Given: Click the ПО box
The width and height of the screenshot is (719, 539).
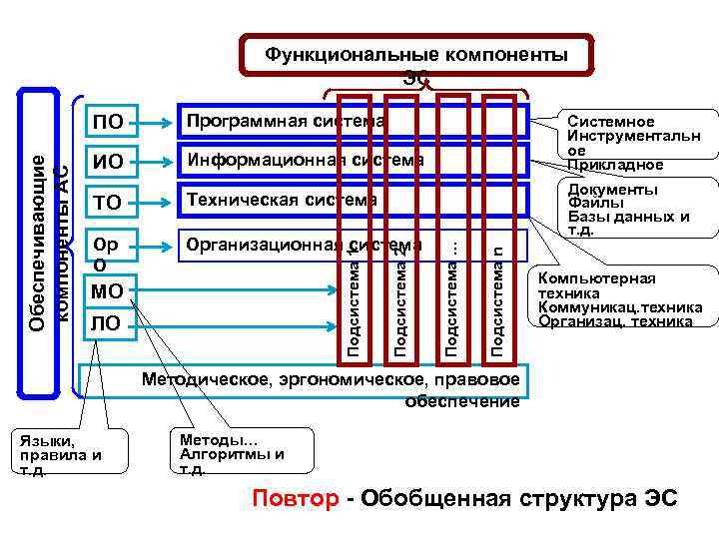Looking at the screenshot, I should pyautogui.click(x=109, y=123).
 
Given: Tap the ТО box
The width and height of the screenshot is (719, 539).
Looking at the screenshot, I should pyautogui.click(x=109, y=203).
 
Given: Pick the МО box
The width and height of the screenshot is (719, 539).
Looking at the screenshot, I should pyautogui.click(x=107, y=291).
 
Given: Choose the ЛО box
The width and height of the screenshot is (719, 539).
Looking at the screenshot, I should pyautogui.click(x=107, y=323).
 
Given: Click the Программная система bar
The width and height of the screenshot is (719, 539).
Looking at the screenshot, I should pyautogui.click(x=260, y=121).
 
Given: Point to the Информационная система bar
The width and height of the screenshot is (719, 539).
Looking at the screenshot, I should pyautogui.click(x=260, y=160).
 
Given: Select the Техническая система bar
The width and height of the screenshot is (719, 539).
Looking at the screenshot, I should pyautogui.click(x=260, y=200).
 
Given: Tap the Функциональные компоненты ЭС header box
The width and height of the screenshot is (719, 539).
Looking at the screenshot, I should pyautogui.click(x=416, y=56).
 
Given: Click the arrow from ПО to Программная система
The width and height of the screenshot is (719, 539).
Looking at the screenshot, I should pyautogui.click(x=156, y=123).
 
